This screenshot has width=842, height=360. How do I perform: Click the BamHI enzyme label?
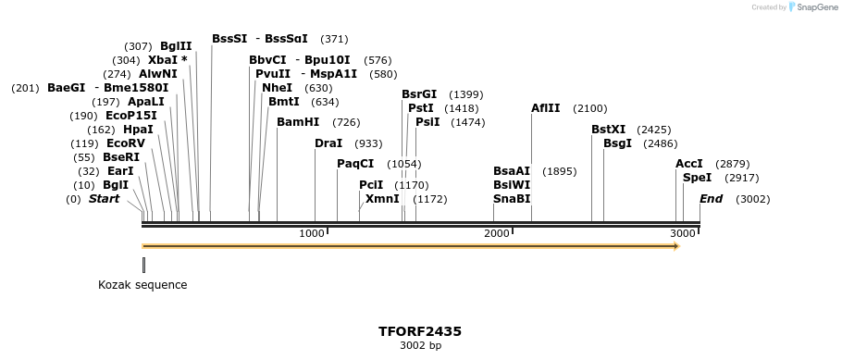(298, 122)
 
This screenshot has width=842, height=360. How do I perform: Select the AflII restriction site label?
(546, 108)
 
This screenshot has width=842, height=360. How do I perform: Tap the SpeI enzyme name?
(697, 178)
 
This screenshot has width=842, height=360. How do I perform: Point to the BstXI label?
(609, 130)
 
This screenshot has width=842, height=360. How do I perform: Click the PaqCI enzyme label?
(355, 164)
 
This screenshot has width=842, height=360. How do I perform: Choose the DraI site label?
(328, 143)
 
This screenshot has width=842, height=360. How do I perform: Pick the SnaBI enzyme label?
(512, 199)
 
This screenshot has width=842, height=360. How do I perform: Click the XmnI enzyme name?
(382, 199)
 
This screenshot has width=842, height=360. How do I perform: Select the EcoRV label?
(126, 143)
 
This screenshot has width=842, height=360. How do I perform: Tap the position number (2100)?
(590, 108)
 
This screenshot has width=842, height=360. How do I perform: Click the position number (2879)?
(733, 164)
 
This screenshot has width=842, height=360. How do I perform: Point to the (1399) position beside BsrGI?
(465, 94)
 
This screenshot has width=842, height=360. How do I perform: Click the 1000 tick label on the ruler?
(312, 233)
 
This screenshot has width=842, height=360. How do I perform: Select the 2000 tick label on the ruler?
(497, 233)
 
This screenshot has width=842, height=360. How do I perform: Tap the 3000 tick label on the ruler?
(683, 233)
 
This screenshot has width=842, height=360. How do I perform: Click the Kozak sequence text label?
(142, 285)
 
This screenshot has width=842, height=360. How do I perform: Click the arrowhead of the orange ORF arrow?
(677, 246)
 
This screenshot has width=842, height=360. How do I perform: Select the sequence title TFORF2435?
(420, 331)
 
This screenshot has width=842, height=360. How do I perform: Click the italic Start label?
(104, 199)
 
